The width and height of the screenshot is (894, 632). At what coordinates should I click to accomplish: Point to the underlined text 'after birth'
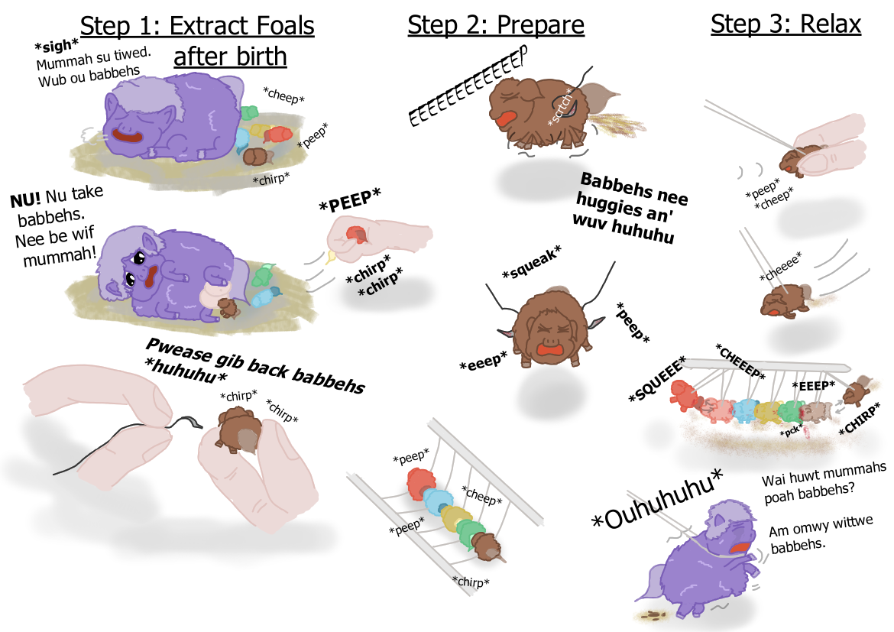[x=230, y=57]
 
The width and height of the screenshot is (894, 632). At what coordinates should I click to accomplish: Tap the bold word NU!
[x=26, y=199]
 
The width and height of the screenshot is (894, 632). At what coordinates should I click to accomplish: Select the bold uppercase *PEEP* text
[x=350, y=200]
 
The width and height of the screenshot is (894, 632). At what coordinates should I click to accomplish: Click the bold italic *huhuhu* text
[x=186, y=370]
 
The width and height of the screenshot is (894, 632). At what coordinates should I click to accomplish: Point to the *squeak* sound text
[x=532, y=262]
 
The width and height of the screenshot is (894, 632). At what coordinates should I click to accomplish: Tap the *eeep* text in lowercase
[x=484, y=361]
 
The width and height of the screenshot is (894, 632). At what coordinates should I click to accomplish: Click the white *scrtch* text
[x=560, y=107]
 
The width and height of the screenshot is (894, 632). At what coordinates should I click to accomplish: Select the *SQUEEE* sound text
[x=657, y=379]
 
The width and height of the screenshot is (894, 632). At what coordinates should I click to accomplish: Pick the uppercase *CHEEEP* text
[x=740, y=361]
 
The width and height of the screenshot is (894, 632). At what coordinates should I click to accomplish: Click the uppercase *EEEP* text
[x=814, y=386]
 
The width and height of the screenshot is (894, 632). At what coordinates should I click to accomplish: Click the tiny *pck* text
[x=792, y=431]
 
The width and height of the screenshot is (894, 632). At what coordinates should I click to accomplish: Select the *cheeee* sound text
[x=781, y=266]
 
